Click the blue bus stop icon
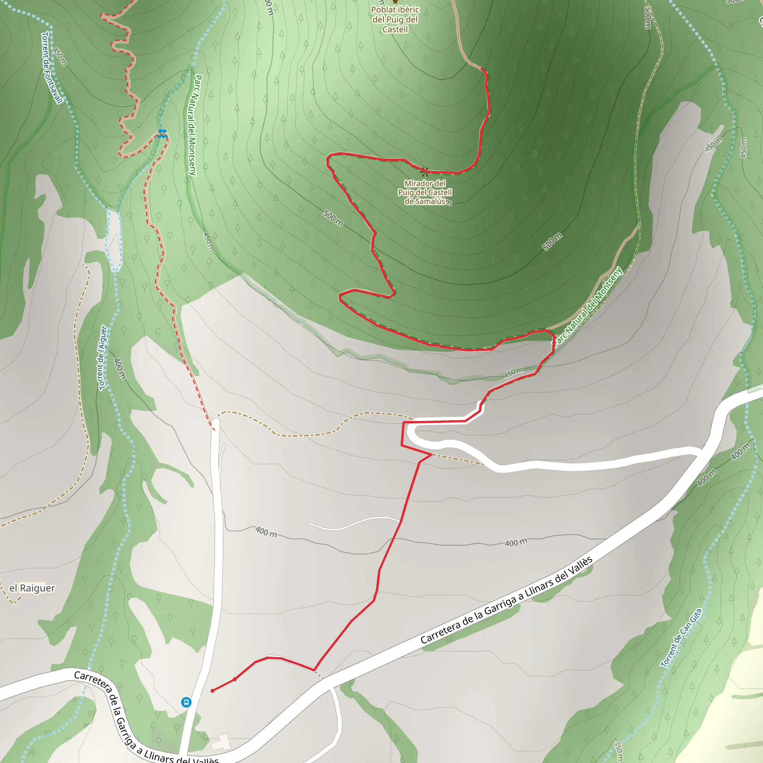point(186,702)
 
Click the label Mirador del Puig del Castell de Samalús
point(425,192)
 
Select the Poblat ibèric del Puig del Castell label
point(395,19)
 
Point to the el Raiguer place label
point(32,588)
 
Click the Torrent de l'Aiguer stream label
point(103,358)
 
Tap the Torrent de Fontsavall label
point(52,68)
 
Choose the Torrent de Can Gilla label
point(682,638)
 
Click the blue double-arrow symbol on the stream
point(162,133)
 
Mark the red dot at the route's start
point(212,691)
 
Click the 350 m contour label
point(618,751)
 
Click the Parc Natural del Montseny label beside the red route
point(588,307)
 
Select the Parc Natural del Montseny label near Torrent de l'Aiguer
point(194,125)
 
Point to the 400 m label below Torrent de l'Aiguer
point(120,369)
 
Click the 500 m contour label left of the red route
point(333,218)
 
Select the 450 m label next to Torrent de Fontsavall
point(60,57)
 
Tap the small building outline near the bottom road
point(222,742)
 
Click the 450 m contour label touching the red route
point(513,372)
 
